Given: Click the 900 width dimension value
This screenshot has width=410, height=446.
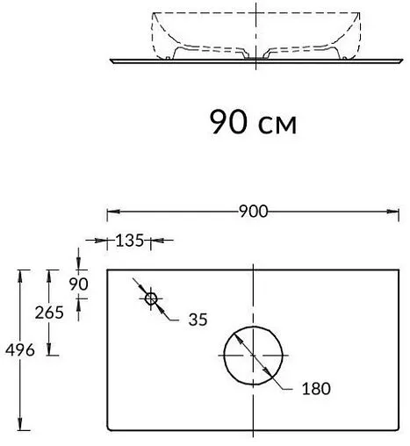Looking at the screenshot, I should (252, 212).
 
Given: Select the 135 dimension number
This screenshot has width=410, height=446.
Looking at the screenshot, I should (130, 239).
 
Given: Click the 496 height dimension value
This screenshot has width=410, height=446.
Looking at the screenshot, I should (18, 350).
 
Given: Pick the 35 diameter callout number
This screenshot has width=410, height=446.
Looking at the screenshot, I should (198, 320).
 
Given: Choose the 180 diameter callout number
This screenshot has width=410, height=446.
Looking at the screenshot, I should (315, 389).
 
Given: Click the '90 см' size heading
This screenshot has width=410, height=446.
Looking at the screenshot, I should (253, 121).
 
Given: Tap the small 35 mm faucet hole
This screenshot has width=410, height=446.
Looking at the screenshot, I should (151, 299).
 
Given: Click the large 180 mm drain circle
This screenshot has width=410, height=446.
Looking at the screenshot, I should (255, 356).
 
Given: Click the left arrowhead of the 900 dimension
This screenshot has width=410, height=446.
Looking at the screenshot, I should (111, 212).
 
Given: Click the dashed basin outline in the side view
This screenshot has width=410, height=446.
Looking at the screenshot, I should (156, 35).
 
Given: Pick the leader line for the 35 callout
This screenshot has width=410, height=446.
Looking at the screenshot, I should (171, 314).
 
